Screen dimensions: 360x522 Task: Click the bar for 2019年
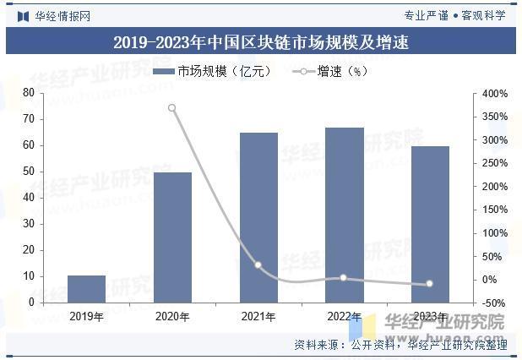(86, 288)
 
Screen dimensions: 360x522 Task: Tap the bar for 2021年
(258, 217)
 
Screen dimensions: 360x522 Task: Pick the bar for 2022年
(344, 215)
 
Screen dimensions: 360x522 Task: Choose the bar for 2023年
(430, 224)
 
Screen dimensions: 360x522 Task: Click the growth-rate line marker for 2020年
(172, 108)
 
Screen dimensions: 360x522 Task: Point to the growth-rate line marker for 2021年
(258, 265)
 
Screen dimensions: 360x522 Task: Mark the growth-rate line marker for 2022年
(344, 278)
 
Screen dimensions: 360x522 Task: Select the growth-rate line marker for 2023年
(430, 284)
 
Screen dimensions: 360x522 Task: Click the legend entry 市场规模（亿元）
(214, 72)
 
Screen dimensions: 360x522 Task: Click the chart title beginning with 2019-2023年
(260, 42)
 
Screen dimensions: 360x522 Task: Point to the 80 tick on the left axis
(29, 92)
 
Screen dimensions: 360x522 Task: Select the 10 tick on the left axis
(29, 276)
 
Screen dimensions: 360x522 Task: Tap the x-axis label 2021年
(258, 317)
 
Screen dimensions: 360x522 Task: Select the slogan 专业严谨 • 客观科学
(454, 15)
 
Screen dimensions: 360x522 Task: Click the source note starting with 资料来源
(400, 345)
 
